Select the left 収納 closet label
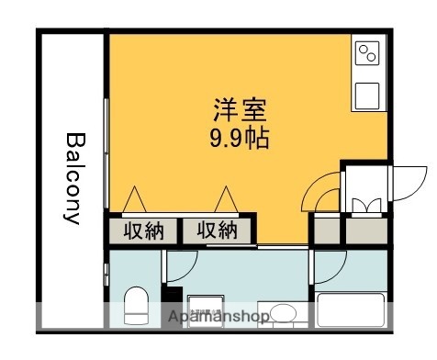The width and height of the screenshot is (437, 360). click(x=143, y=231)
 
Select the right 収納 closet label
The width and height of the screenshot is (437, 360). click(x=217, y=231)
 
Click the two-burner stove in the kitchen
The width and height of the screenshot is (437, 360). click(x=368, y=54)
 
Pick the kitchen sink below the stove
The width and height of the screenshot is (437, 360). click(x=368, y=93)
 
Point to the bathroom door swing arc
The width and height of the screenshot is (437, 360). click(x=328, y=267)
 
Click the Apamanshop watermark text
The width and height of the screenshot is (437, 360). click(x=218, y=318)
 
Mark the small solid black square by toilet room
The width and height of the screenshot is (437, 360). click(x=168, y=296)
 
